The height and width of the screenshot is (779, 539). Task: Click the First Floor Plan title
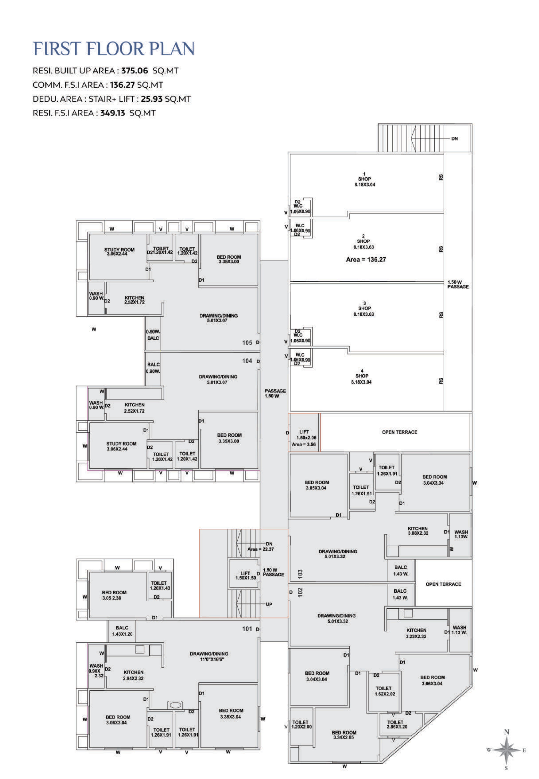point(114,49)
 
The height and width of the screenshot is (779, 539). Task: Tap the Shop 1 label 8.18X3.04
point(365,185)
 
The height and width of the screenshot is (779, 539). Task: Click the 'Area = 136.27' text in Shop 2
point(366,259)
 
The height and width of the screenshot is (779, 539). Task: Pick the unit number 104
point(247,361)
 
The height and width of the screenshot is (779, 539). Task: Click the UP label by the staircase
point(269,604)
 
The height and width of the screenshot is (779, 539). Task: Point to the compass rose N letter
point(506,732)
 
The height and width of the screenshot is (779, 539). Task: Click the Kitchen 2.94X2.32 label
point(133,675)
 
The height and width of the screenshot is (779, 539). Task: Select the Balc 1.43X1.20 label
point(122,631)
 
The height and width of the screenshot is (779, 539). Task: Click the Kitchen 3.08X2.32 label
point(418,531)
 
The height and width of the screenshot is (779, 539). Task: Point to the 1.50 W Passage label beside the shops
point(458,284)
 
